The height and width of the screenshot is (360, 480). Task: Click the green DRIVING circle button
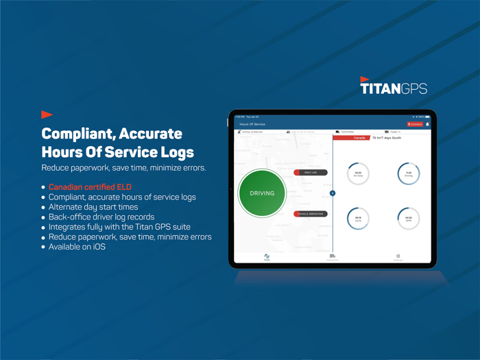pyautogui.click(x=261, y=193)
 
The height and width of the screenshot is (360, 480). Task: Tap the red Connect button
pyautogui.click(x=415, y=124)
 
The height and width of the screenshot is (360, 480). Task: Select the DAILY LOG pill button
pyautogui.click(x=310, y=173)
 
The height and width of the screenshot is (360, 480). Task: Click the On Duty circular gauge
pyautogui.click(x=358, y=173)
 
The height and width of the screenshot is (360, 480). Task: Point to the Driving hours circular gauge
pyautogui.click(x=408, y=173)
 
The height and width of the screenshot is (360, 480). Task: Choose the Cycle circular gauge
pyautogui.click(x=358, y=219)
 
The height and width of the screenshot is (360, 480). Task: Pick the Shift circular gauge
pyautogui.click(x=408, y=219)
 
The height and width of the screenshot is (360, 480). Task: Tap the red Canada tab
pyautogui.click(x=359, y=138)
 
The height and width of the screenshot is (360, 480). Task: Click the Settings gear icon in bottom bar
pyautogui.click(x=398, y=256)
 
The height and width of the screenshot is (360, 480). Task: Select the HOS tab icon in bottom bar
pyautogui.click(x=267, y=256)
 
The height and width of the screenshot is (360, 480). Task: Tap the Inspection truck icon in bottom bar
pyautogui.click(x=333, y=256)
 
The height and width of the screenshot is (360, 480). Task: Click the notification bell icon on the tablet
pyautogui.click(x=428, y=124)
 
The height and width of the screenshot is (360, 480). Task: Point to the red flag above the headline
pyautogui.click(x=47, y=114)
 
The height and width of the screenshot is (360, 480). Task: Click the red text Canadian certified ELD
pyautogui.click(x=90, y=187)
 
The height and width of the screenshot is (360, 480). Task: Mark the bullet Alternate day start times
pyautogui.click(x=93, y=207)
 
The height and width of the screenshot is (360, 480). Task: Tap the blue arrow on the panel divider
pyautogui.click(x=333, y=193)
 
